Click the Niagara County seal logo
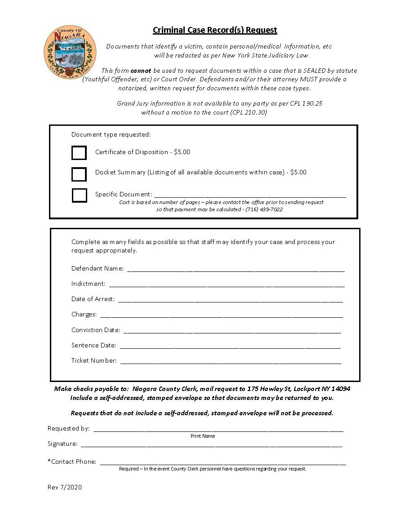70,52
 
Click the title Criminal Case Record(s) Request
215,30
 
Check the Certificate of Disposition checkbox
79,153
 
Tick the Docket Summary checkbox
79,174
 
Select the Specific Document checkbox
80,195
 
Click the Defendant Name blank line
236,270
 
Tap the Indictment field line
227,285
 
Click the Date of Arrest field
230,301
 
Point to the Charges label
84,315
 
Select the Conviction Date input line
232,332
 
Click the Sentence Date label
93,346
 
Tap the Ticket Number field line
231,362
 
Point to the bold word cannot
141,71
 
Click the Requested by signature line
218,430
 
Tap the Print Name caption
203,436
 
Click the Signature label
62,444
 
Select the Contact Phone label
72,462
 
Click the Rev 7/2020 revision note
65,488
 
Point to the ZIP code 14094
341,389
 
